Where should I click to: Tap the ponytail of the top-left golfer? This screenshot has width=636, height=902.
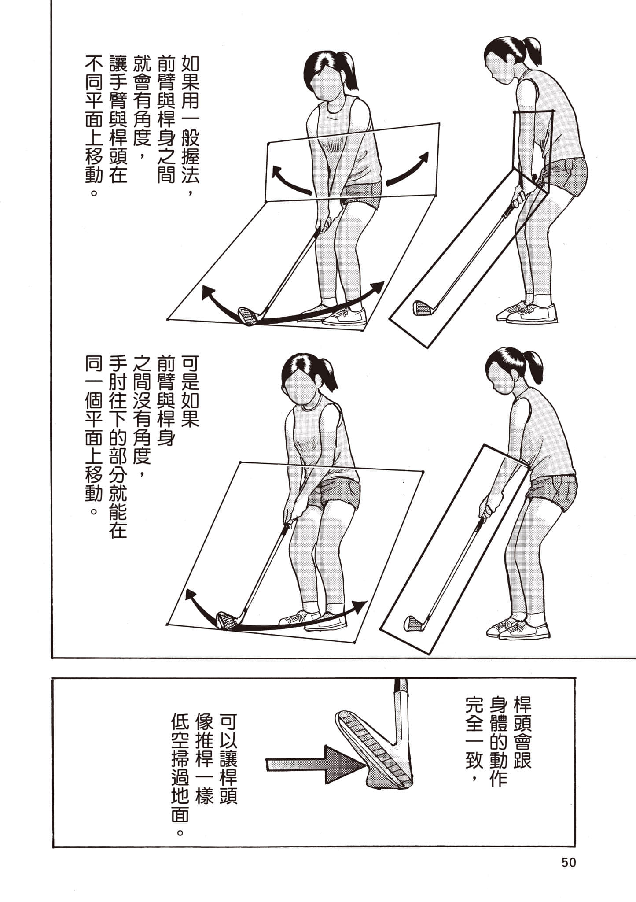[x=346, y=70]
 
